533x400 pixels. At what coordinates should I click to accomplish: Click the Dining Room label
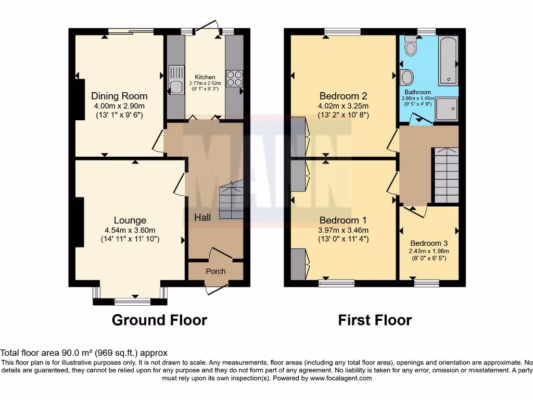pos(119,96)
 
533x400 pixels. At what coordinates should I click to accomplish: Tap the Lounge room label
pos(130,220)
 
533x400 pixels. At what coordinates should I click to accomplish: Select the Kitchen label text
pos(205,77)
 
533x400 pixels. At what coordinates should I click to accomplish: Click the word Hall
pos(202,217)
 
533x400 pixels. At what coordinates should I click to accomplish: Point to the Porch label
pos(215,271)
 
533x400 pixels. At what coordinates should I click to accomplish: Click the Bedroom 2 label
pos(343,96)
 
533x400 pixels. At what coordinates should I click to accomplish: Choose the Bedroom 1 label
pos(343,220)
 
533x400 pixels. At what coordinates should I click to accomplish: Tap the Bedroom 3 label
pos(428,243)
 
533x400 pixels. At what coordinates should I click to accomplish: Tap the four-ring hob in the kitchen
pos(234,78)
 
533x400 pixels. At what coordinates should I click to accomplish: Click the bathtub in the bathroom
pos(448,61)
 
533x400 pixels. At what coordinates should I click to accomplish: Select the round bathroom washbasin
pos(408,78)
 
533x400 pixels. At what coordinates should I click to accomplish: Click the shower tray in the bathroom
pos(446,109)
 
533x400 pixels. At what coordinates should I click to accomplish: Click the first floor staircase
pos(446,176)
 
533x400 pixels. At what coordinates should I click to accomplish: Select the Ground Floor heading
pos(159,320)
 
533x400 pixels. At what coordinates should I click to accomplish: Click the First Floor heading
pos(375,320)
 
